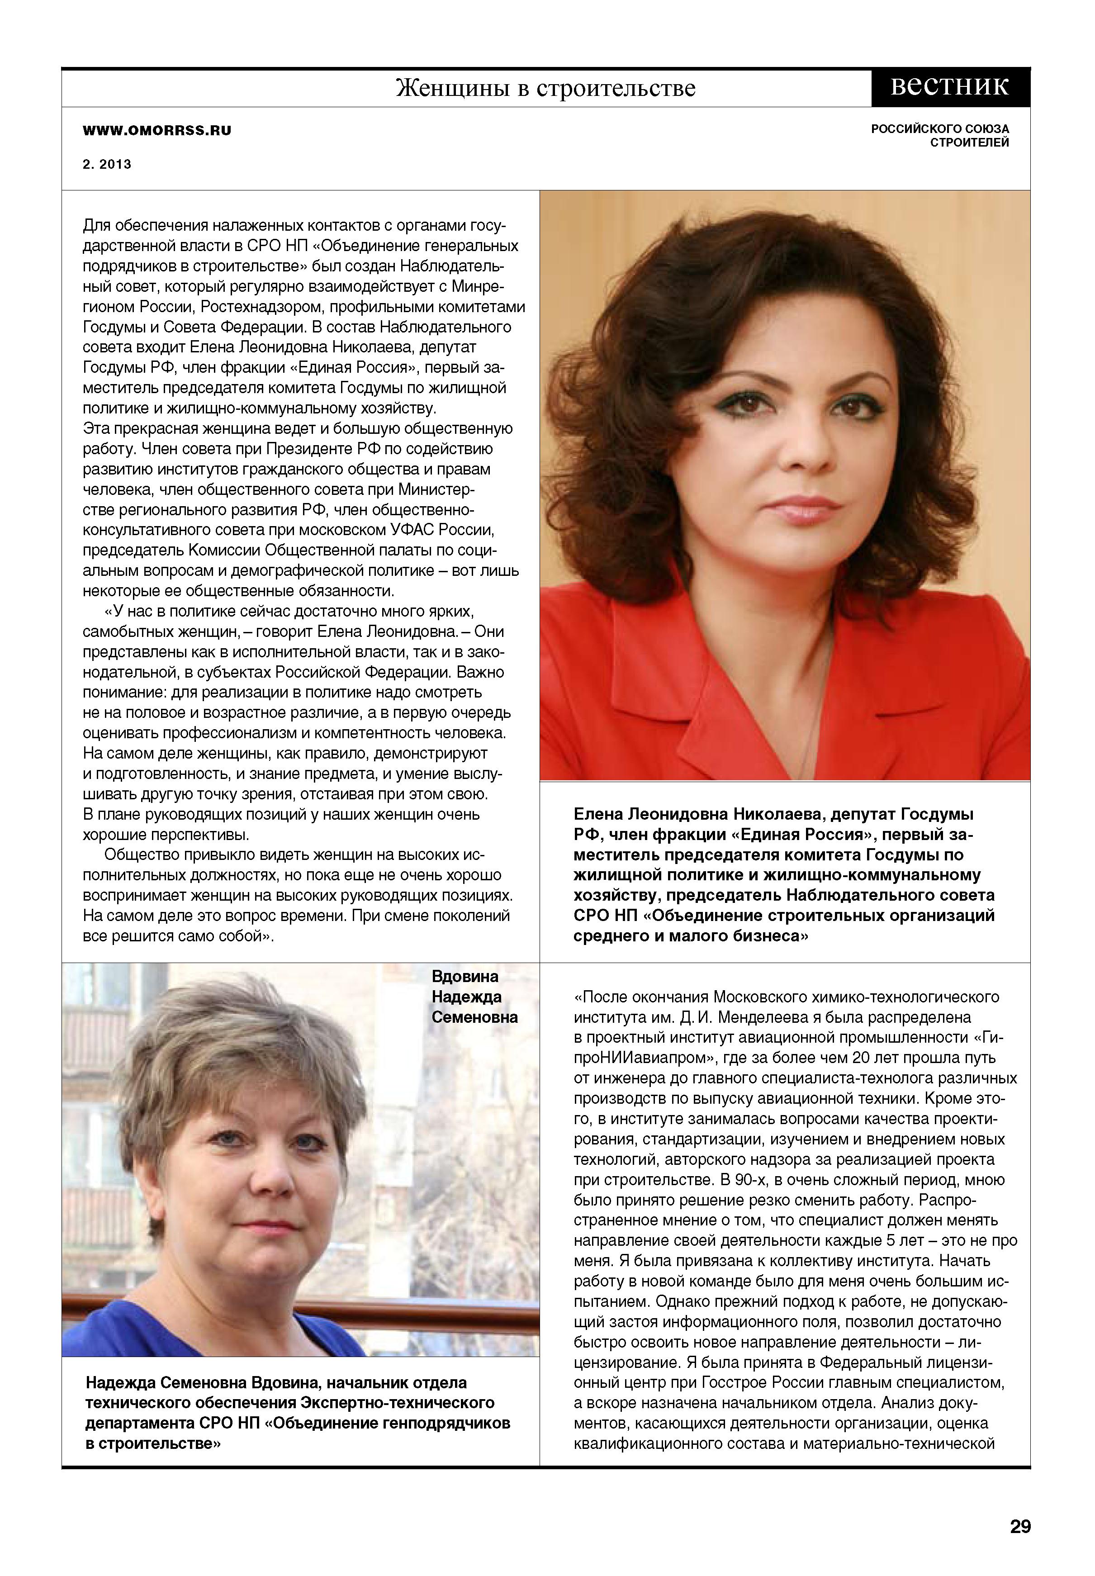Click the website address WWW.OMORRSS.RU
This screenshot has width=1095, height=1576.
157,130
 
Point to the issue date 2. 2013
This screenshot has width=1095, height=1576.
107,165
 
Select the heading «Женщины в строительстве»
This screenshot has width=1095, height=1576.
545,89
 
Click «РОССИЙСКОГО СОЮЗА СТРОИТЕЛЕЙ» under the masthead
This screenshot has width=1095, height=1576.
940,136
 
